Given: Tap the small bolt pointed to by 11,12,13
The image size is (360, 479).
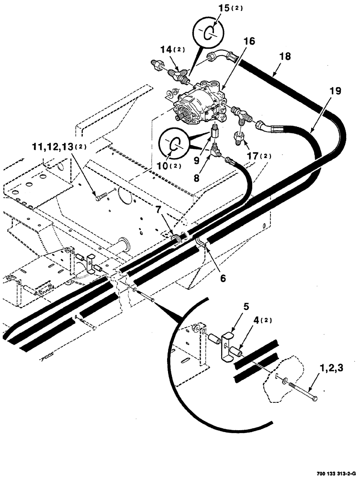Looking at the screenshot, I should tap(100, 196).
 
